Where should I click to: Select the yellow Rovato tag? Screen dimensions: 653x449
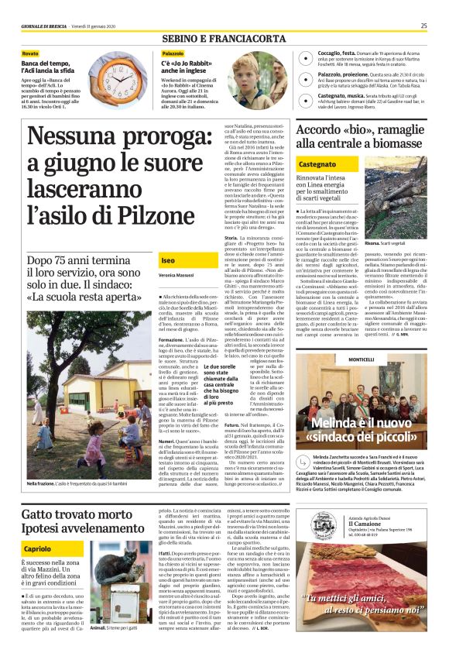click(x=30, y=53)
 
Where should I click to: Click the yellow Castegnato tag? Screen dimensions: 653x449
click(x=317, y=165)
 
